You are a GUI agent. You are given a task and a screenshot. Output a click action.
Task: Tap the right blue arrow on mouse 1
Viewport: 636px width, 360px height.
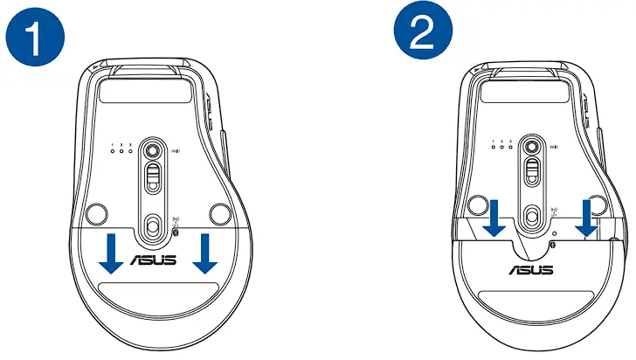tap(206, 250)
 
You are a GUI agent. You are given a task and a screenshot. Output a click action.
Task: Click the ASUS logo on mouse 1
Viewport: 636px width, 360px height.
tap(154, 260)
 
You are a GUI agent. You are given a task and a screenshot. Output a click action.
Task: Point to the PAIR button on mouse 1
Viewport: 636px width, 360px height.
tap(155, 148)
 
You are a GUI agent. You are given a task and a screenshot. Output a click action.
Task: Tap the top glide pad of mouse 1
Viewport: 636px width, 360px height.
tap(153, 88)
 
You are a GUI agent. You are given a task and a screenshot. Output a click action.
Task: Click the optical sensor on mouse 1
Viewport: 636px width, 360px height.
tap(155, 225)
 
